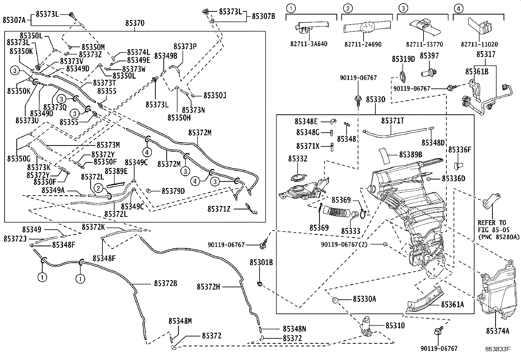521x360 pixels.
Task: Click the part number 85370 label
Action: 135,23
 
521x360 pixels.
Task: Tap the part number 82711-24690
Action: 363,44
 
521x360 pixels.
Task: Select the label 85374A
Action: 497,331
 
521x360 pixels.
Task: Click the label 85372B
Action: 166,283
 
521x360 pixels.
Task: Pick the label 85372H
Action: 208,287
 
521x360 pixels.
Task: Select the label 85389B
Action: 410,154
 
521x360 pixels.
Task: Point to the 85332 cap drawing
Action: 297,179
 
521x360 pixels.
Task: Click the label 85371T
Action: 392,121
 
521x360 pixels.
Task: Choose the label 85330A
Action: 364,299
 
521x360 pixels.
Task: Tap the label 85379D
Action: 173,191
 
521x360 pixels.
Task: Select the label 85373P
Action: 185,47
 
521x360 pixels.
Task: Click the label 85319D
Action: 403,59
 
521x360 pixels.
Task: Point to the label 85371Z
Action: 218,209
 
